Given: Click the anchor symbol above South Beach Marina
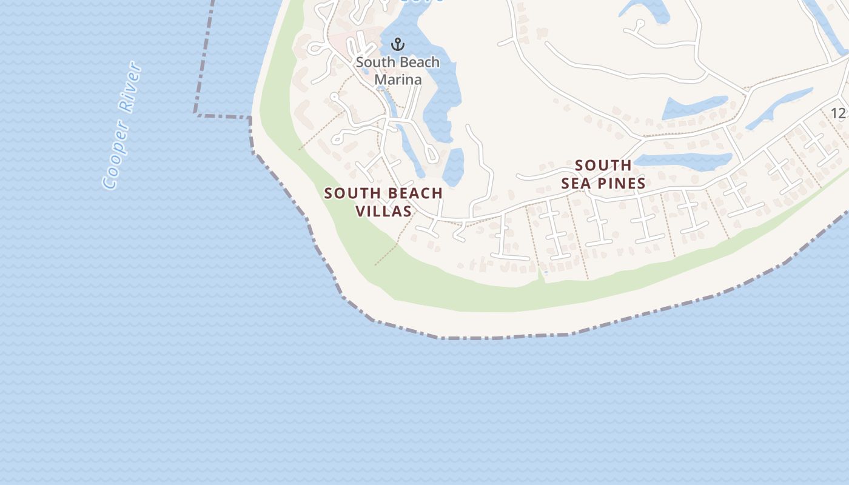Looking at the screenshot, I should pyautogui.click(x=397, y=44).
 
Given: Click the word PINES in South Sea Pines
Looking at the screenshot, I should pyautogui.click(x=619, y=184).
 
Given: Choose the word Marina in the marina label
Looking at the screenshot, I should pyautogui.click(x=398, y=79).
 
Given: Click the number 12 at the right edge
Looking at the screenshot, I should pyautogui.click(x=838, y=113).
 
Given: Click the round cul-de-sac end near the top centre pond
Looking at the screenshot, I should pyautogui.click(x=640, y=24).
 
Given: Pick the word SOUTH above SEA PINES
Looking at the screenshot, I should pyautogui.click(x=603, y=166).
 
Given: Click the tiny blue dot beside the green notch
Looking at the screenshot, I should pyautogui.click(x=546, y=273).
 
